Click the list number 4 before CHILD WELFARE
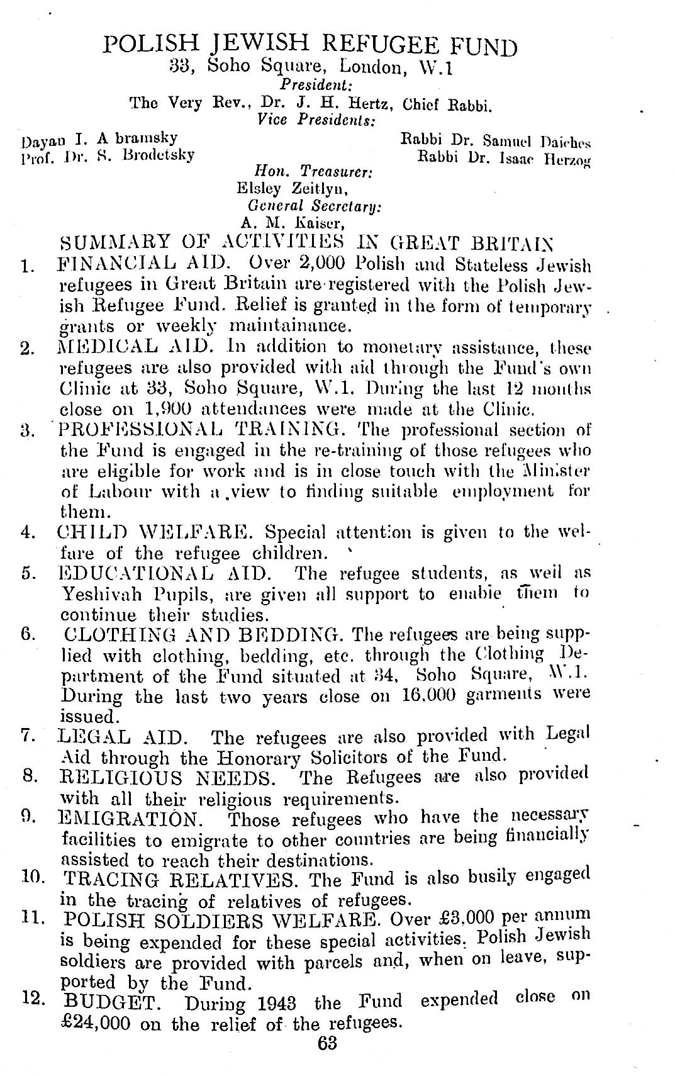click(x=26, y=532)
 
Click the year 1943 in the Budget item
click(x=282, y=1002)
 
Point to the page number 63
click(x=328, y=1044)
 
